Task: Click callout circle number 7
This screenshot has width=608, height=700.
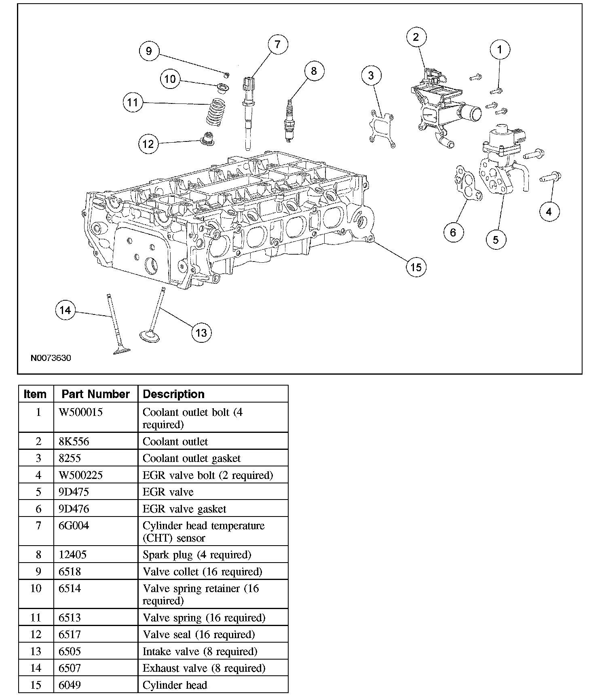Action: pyautogui.click(x=277, y=44)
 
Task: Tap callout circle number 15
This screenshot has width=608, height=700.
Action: pyautogui.click(x=416, y=267)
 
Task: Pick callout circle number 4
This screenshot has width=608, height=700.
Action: pyautogui.click(x=549, y=211)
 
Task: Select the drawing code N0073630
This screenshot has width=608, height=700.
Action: pyautogui.click(x=51, y=358)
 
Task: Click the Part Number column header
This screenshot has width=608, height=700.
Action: pyautogui.click(x=95, y=394)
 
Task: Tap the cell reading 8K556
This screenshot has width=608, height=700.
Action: pyautogui.click(x=74, y=441)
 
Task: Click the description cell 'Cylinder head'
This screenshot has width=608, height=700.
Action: pyautogui.click(x=175, y=685)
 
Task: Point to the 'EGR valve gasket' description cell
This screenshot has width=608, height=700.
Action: pyautogui.click(x=184, y=509)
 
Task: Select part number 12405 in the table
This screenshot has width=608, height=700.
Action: pyautogui.click(x=73, y=555)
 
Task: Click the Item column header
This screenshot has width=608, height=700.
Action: pyautogui.click(x=35, y=394)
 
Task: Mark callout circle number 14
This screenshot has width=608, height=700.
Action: pyautogui.click(x=65, y=310)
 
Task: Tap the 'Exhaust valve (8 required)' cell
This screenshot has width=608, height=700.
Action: pyautogui.click(x=204, y=668)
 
